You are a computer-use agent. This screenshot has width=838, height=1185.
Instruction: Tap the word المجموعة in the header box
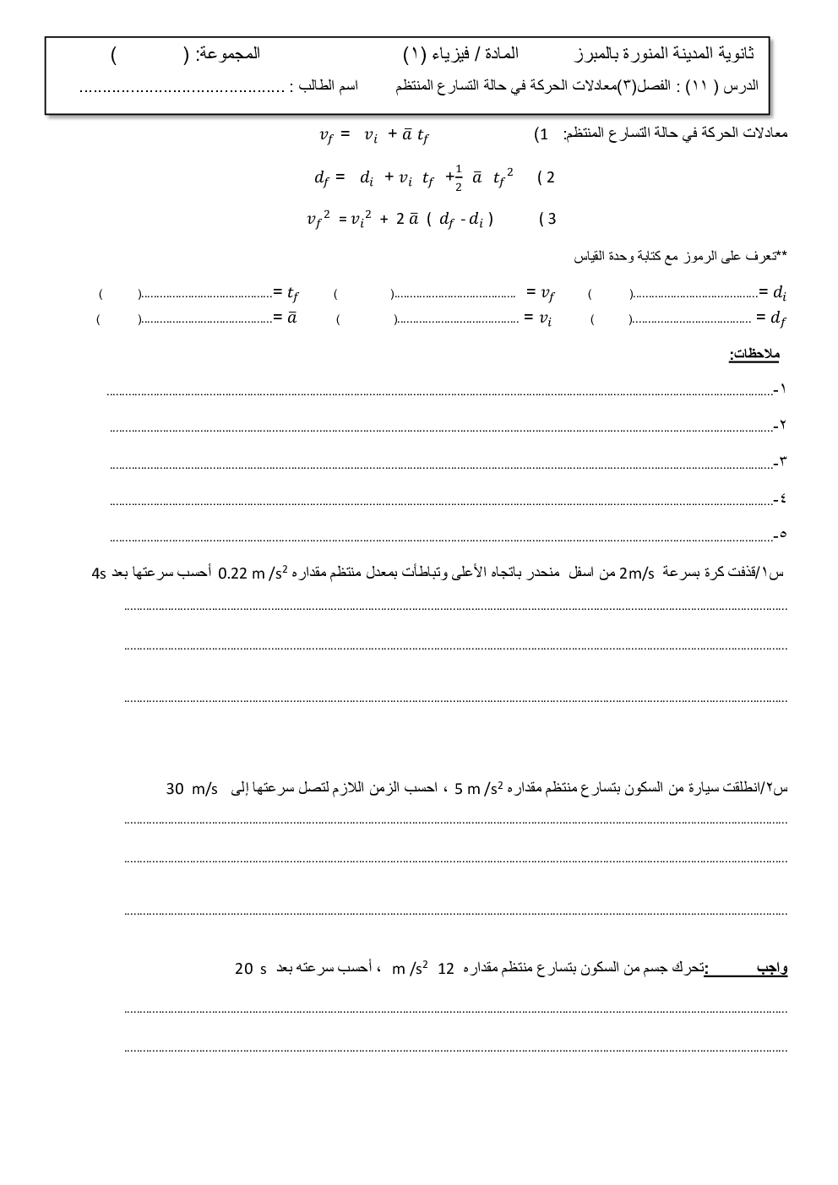click(228, 54)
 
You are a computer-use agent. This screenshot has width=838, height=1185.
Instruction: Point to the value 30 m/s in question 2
click(192, 789)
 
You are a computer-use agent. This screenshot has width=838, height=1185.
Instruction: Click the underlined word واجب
click(772, 968)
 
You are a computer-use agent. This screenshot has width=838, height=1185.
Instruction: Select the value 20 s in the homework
click(251, 969)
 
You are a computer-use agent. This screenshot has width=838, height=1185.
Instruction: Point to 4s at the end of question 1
click(99, 574)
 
